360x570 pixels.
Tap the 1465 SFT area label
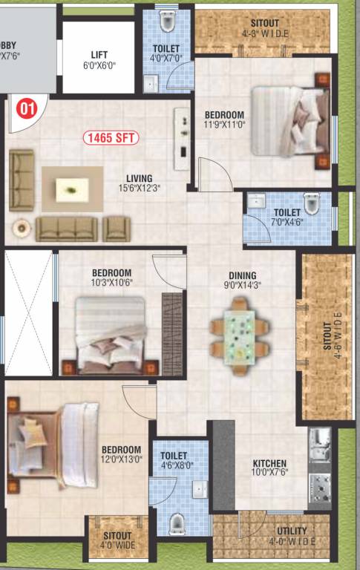pyautogui.click(x=111, y=137)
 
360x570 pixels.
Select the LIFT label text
pyautogui.click(x=99, y=55)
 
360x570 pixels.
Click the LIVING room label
pyautogui.click(x=139, y=178)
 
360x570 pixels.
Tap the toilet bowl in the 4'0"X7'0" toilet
pyautogui.click(x=166, y=22)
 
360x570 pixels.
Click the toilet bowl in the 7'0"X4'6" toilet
pyautogui.click(x=312, y=203)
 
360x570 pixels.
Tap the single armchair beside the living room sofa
pyautogui.click(x=117, y=228)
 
